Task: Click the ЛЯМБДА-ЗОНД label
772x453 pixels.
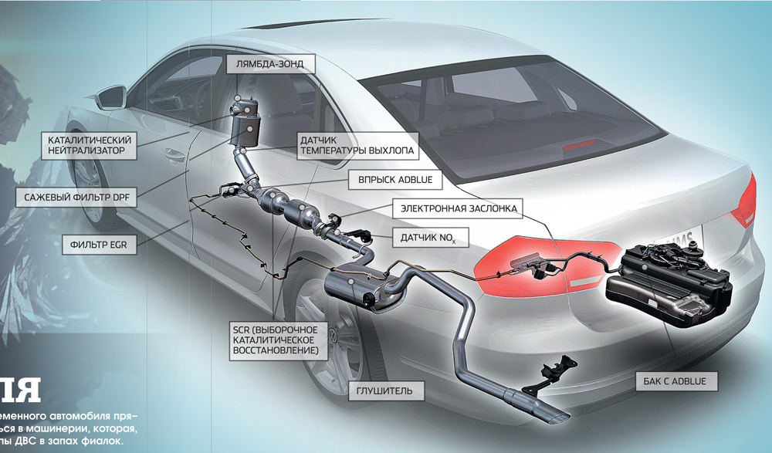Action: click(271, 65)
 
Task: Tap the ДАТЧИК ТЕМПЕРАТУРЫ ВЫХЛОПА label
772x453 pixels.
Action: click(357, 146)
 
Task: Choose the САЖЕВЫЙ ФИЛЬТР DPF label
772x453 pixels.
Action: click(76, 198)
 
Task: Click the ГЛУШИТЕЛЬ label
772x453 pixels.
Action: click(391, 391)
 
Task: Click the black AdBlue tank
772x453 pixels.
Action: click(671, 278)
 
